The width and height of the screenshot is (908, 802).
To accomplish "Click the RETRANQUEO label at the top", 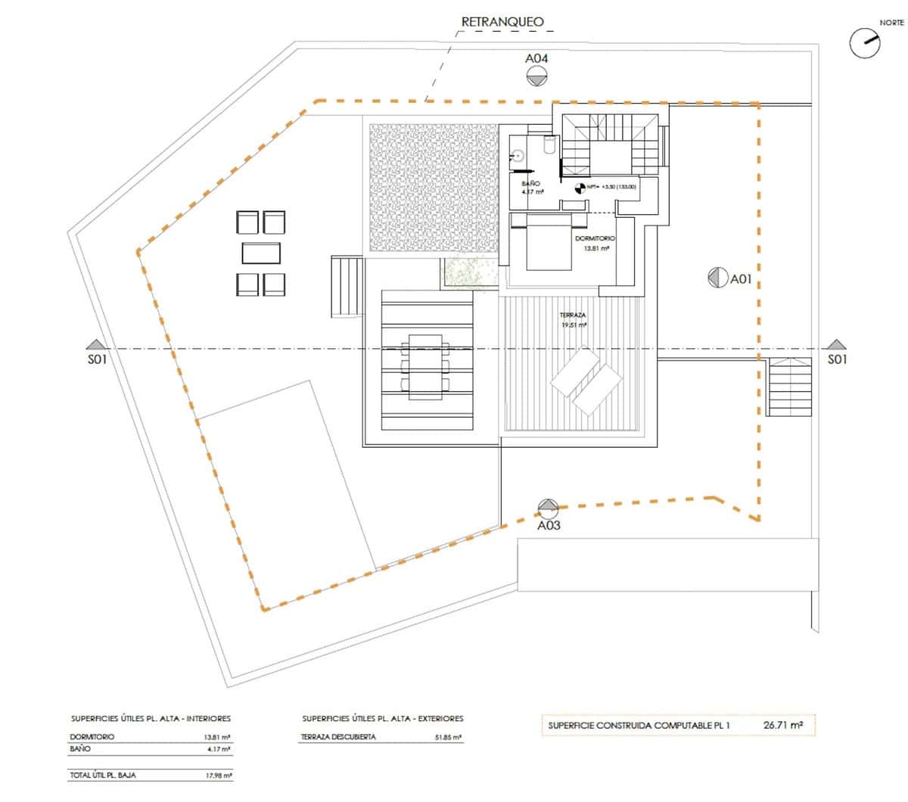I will coord(502,22).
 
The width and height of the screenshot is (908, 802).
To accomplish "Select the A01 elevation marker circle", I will coord(717,278).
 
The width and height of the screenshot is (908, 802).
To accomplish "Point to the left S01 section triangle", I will coord(94,345).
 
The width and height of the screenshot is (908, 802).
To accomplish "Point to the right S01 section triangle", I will coord(835,345).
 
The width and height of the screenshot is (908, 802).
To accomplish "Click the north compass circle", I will coord(865,43).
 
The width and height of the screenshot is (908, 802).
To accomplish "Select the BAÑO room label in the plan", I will coord(531,183).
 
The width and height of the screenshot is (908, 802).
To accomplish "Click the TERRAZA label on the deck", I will coord(573,315).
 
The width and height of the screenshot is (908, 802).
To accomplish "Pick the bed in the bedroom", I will coord(549,242).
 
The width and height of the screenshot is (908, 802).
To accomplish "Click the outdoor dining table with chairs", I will coord(427,366).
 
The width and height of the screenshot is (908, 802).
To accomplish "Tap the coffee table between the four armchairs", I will coord(262,252).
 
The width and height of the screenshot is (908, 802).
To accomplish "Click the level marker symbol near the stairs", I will coord(580,187).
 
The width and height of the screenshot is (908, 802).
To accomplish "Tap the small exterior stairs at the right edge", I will coord(790,387).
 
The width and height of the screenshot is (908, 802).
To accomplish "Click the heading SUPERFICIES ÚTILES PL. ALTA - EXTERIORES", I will coord(382,718).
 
